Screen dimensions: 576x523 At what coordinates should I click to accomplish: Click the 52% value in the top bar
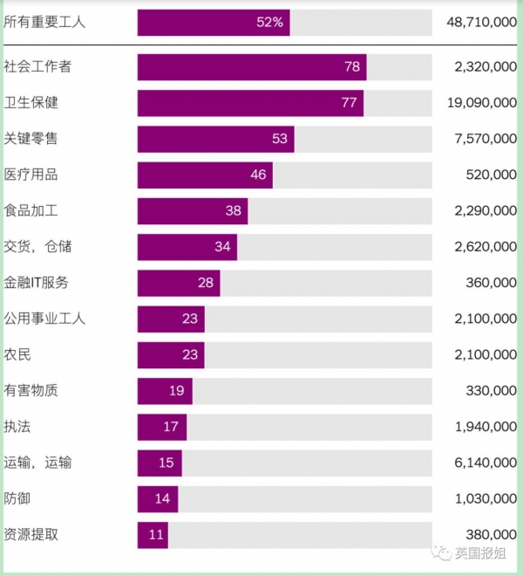[269, 23]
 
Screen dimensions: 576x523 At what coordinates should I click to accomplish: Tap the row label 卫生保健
[31, 103]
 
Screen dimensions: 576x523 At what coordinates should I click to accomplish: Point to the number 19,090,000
[482, 103]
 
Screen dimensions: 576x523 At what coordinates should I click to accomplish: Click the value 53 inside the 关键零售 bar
[279, 139]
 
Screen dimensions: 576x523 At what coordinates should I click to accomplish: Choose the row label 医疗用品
[31, 175]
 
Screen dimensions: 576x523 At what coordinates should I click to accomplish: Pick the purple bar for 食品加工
[192, 210]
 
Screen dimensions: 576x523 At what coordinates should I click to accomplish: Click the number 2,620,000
[486, 247]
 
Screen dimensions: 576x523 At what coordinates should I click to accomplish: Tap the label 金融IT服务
[37, 283]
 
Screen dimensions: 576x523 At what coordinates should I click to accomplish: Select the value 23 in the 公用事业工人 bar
[190, 319]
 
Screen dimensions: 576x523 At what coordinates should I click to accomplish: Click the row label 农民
[17, 354]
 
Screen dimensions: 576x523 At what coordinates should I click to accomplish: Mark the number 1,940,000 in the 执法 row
[486, 427]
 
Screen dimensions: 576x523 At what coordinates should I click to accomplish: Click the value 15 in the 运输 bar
[166, 463]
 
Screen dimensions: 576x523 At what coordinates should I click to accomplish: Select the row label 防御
[17, 498]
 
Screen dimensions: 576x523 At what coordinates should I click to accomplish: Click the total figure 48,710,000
[481, 23]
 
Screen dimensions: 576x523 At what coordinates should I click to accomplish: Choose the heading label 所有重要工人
[45, 23]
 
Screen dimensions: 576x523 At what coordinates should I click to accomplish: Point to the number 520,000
[492, 175]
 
